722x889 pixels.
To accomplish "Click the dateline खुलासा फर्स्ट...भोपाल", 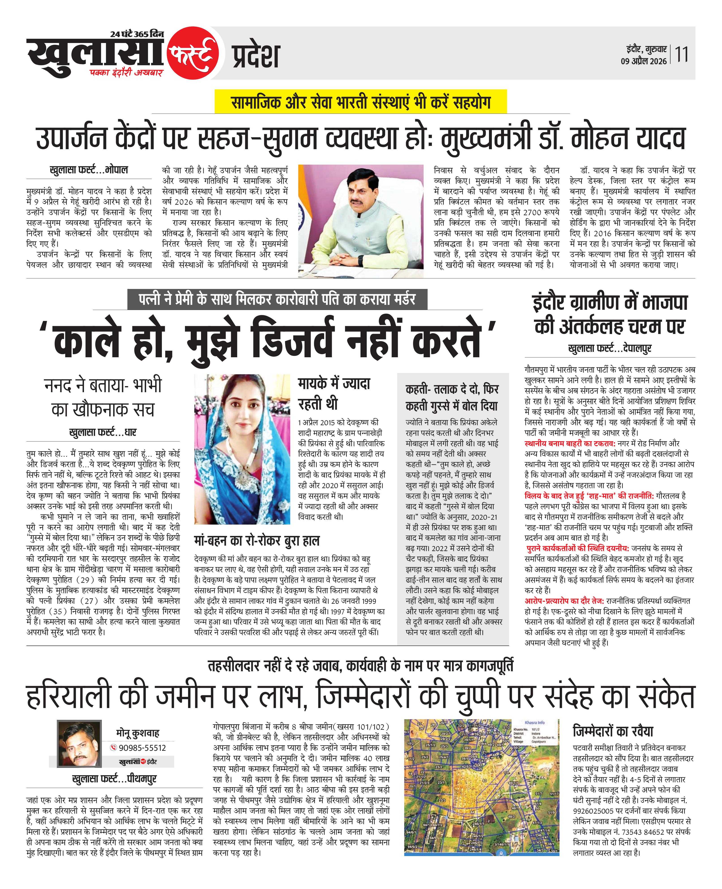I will coord(89,170).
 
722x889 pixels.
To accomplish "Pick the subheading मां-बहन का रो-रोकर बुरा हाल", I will coord(257,541).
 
